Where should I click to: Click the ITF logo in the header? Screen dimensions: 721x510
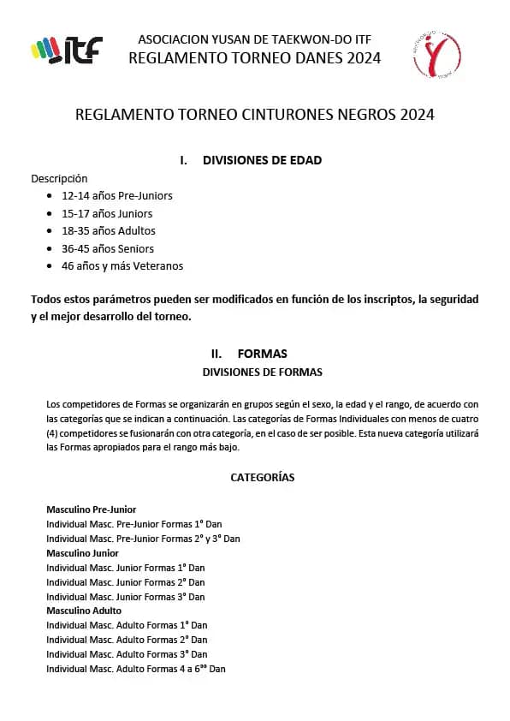pyautogui.click(x=66, y=50)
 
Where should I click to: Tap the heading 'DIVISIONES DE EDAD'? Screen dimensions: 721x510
pyautogui.click(x=262, y=160)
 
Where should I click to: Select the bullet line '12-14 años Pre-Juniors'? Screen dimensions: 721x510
pyautogui.click(x=116, y=195)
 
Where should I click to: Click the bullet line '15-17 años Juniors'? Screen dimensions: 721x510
pyautogui.click(x=107, y=213)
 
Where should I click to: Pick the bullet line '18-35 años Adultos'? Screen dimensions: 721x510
pyautogui.click(x=108, y=230)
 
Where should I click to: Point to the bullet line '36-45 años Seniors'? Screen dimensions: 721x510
pyautogui.click(x=108, y=248)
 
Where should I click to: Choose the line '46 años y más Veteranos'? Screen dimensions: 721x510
pyautogui.click(x=122, y=265)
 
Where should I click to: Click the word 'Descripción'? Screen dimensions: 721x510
pyautogui.click(x=59, y=178)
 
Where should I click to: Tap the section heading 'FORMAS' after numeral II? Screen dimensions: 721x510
pyautogui.click(x=262, y=354)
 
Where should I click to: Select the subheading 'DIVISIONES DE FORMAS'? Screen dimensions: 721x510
pyautogui.click(x=262, y=372)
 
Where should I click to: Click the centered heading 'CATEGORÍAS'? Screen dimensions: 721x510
pyautogui.click(x=262, y=478)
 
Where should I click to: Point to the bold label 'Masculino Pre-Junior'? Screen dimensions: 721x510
pyautogui.click(x=91, y=509)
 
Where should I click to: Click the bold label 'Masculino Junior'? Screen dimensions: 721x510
pyautogui.click(x=82, y=553)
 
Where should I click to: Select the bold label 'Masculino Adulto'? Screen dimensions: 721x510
pyautogui.click(x=84, y=611)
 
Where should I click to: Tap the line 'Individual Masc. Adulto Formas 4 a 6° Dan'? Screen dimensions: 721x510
pyautogui.click(x=135, y=669)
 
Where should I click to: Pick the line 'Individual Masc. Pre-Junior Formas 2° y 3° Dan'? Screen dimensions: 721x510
pyautogui.click(x=143, y=539)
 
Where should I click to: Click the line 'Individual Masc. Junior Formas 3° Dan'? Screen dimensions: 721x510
pyautogui.click(x=125, y=597)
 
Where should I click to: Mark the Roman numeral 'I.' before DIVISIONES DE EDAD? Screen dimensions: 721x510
pyautogui.click(x=184, y=160)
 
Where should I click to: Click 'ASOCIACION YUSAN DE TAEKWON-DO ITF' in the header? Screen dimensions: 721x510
pyautogui.click(x=254, y=39)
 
